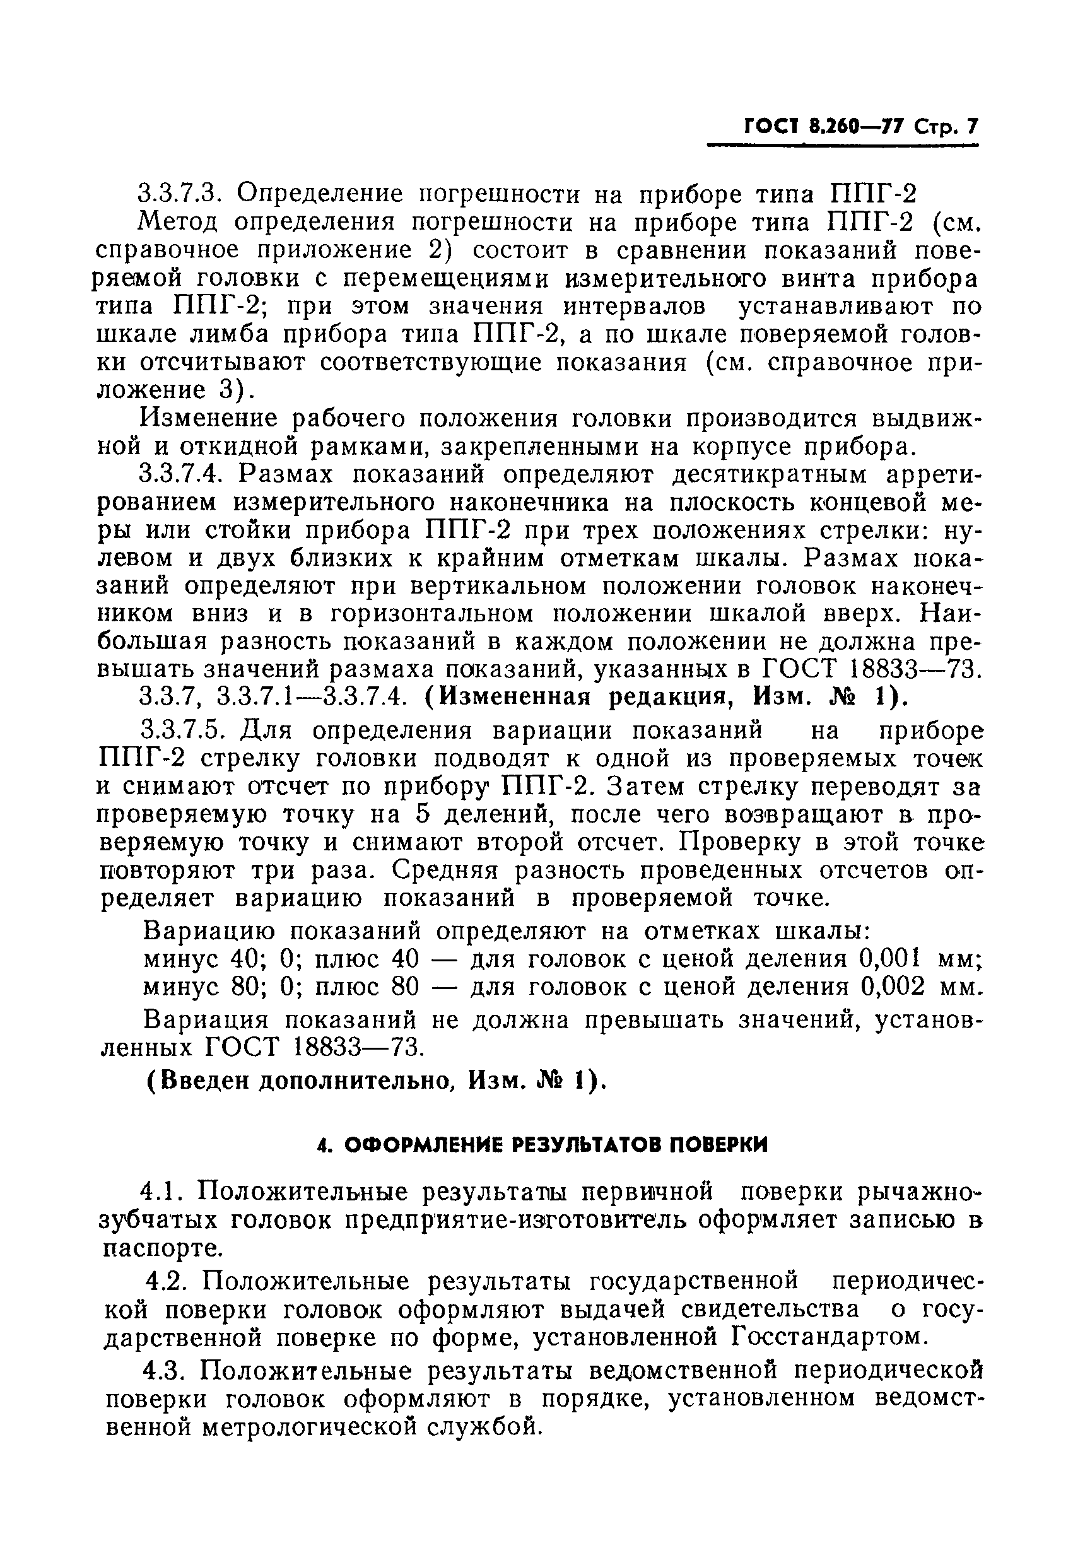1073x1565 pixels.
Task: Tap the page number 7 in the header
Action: click(x=971, y=127)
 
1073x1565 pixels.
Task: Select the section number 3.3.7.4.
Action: click(x=180, y=475)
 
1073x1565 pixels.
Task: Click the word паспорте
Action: click(x=160, y=1249)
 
